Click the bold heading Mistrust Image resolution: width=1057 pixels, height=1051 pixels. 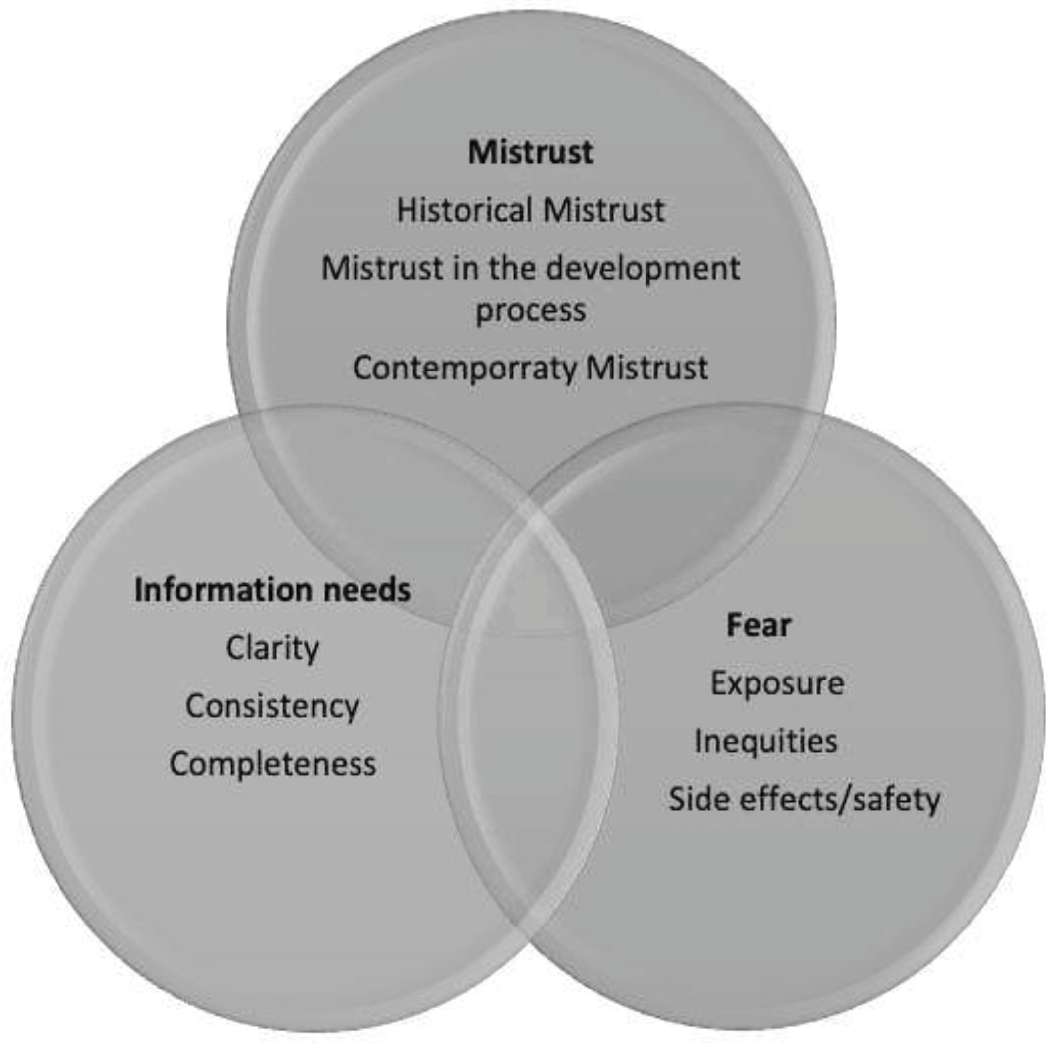point(530,152)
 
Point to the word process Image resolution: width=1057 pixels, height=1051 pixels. point(530,311)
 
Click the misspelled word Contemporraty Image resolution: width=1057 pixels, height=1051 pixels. point(465,368)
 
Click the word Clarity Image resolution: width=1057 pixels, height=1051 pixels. point(272,648)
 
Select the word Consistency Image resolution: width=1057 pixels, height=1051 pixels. point(272,706)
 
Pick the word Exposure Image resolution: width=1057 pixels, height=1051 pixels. point(777,683)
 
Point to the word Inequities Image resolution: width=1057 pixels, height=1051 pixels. point(765,741)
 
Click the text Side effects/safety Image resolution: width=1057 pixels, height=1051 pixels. point(804,799)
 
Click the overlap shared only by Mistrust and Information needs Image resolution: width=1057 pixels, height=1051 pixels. point(394,493)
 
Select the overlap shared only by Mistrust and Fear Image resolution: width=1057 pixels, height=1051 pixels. point(667,493)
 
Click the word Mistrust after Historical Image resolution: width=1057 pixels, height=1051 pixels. point(604,210)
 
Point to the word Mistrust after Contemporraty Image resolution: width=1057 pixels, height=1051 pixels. point(647,368)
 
